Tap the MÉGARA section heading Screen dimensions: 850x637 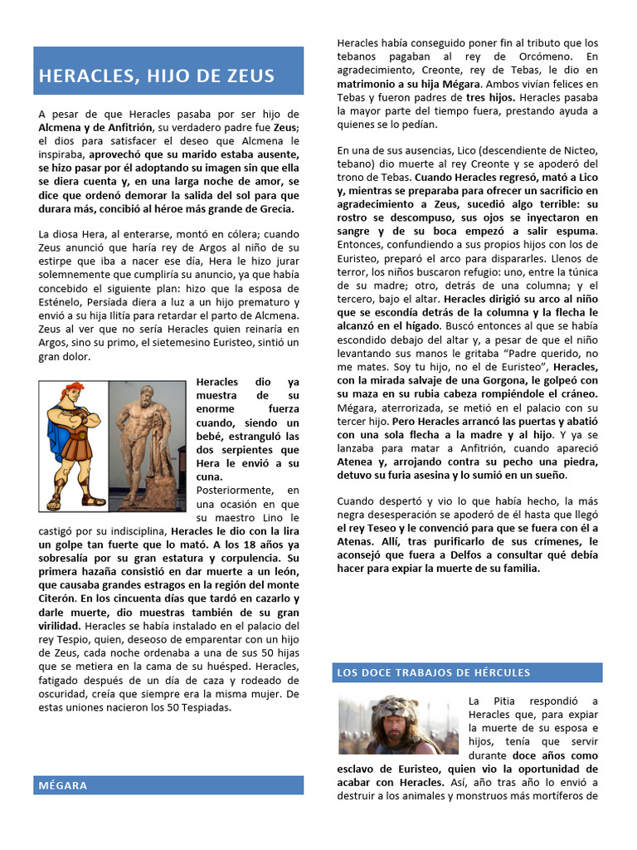click(63, 785)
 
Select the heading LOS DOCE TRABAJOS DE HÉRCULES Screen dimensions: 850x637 click(432, 672)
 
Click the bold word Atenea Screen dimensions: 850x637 click(357, 462)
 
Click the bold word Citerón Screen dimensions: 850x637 click(56, 598)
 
